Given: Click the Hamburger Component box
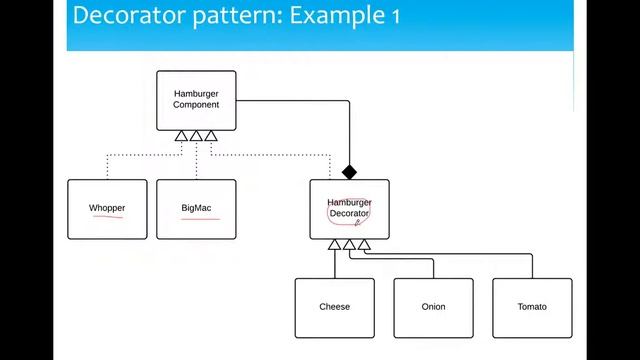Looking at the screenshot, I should (x=196, y=100).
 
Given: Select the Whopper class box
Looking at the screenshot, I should (x=107, y=209).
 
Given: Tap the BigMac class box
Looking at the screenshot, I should (x=196, y=209).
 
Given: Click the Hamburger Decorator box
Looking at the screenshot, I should (x=349, y=209).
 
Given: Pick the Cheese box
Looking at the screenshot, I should (x=334, y=307).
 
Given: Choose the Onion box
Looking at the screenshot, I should (x=433, y=307).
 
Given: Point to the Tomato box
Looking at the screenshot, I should (x=532, y=307).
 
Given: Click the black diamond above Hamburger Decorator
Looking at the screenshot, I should (x=349, y=172).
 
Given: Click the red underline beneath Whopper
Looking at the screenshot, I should (x=107, y=217).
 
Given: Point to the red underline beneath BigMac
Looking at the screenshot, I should (x=200, y=217).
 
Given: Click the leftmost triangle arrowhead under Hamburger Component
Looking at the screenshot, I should (x=181, y=136).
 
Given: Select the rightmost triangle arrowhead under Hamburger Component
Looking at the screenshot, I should (x=211, y=136).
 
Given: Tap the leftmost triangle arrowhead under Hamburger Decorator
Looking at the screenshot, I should (x=335, y=245).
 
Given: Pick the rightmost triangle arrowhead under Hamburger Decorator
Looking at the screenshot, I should (x=364, y=245).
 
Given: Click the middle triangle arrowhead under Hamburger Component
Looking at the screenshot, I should (x=196, y=136).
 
